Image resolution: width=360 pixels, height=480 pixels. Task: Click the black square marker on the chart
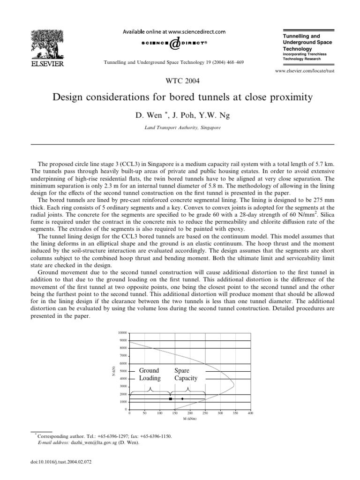(x=170, y=399)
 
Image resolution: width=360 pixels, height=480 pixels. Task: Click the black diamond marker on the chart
(x=182, y=399)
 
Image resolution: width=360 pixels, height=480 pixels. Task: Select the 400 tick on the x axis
(x=250, y=413)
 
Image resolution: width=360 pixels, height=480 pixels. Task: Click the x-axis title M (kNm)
(x=189, y=418)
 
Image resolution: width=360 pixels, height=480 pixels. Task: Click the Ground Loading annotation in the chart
(x=150, y=374)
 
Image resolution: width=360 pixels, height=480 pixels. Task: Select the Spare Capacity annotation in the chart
(x=186, y=374)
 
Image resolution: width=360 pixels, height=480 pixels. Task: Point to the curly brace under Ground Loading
(x=150, y=390)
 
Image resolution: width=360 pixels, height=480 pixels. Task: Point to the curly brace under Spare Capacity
(x=188, y=390)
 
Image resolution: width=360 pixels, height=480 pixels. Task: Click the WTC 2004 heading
(x=180, y=81)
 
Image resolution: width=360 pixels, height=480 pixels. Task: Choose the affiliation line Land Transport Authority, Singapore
(x=180, y=127)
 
